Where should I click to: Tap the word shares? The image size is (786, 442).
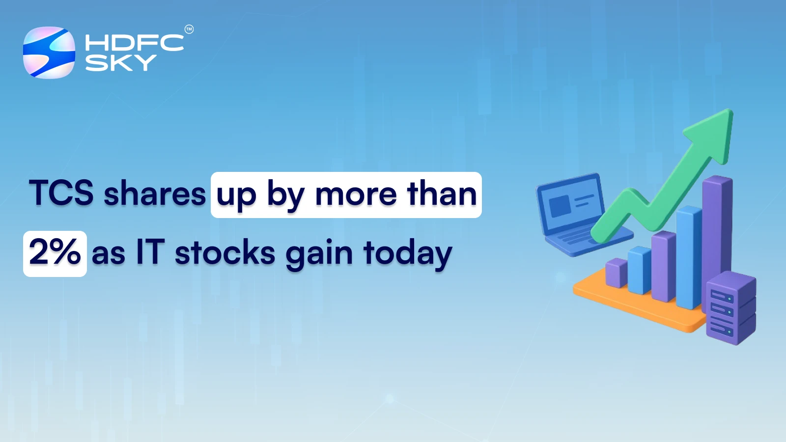coord(155,194)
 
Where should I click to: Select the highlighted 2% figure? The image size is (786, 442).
coord(55,253)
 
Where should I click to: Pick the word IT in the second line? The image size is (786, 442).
coord(149,253)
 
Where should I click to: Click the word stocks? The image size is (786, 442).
coord(225,254)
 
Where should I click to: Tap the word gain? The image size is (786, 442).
coord(319,254)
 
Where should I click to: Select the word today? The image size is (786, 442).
coord(407,254)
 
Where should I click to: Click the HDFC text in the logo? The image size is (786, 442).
coord(134,43)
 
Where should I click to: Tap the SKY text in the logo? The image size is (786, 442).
coord(121,63)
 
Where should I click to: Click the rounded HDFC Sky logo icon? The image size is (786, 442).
coord(49,53)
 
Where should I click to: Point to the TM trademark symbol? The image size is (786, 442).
coord(189,29)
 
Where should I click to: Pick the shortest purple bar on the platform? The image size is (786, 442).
coord(616,273)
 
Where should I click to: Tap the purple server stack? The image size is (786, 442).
coord(730,309)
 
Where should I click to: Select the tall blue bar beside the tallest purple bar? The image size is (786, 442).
coord(689,258)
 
